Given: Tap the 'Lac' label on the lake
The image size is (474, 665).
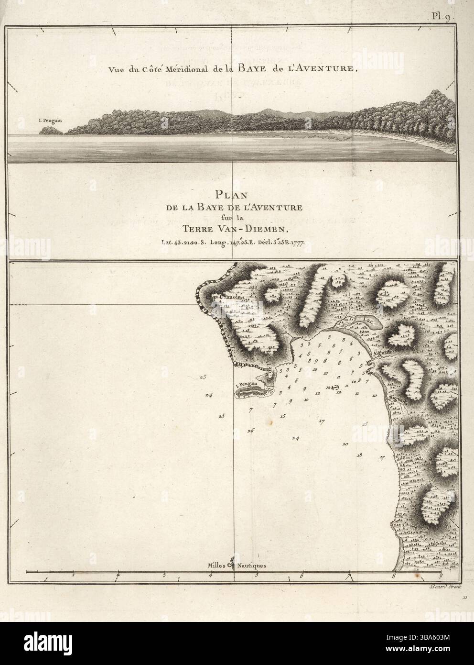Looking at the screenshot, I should (x=368, y=322).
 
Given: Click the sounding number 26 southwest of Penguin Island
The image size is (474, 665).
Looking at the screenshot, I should (x=251, y=431).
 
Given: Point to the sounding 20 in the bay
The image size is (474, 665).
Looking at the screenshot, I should (x=345, y=444).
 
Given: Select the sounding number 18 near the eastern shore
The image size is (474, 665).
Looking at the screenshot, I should (x=360, y=454).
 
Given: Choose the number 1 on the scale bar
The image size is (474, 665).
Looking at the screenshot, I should (x=73, y=575).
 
